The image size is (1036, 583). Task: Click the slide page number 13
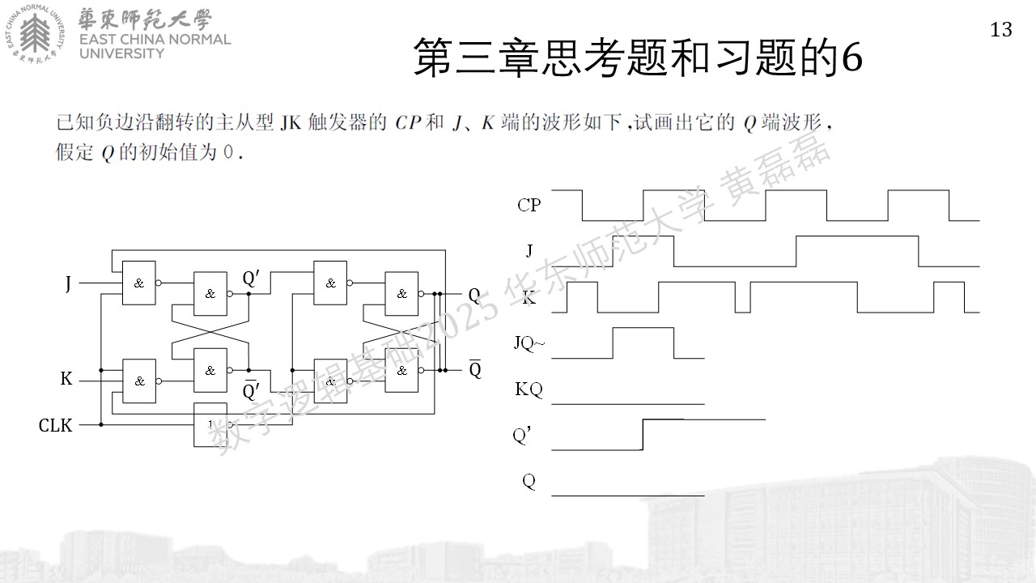(1001, 30)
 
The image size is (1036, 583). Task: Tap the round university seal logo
(35, 33)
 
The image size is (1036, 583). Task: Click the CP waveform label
(529, 205)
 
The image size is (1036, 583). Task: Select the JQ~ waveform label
(529, 343)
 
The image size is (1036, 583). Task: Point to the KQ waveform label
(529, 389)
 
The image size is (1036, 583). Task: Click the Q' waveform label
(522, 436)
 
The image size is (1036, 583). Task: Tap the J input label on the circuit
(68, 283)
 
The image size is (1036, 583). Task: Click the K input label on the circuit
(66, 378)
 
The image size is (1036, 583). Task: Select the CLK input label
(56, 425)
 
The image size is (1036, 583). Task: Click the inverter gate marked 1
(210, 424)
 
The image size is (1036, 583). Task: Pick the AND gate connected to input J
(138, 283)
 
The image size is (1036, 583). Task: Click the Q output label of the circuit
(474, 296)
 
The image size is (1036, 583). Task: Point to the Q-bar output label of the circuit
(475, 368)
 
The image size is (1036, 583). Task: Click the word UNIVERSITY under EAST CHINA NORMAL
(121, 53)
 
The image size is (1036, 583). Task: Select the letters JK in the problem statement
(291, 123)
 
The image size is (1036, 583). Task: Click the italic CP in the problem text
(408, 123)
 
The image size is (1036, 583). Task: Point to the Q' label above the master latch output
(251, 278)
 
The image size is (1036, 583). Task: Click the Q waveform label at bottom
(529, 481)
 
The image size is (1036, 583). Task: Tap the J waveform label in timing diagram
(529, 251)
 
